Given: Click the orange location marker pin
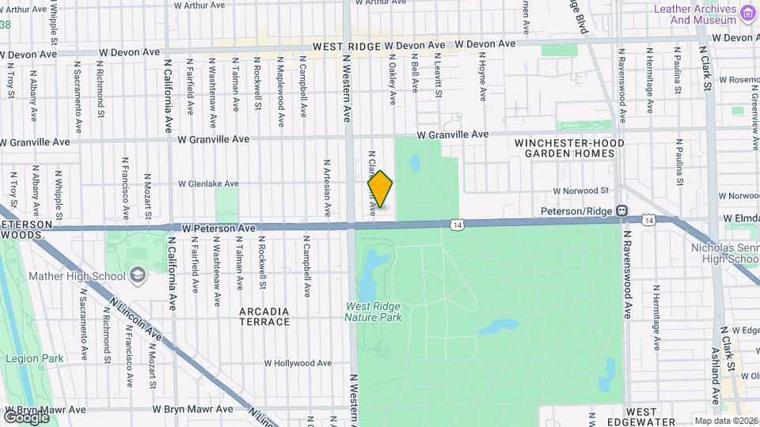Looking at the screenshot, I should [380, 190].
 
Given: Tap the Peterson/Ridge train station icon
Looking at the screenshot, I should [622, 211].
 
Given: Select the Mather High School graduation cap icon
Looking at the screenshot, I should [139, 276].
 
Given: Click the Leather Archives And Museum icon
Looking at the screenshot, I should [747, 13].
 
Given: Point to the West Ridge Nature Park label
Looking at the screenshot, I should [373, 312].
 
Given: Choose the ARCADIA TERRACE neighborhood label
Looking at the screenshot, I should [264, 316].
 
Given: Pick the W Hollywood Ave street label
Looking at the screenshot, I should [298, 363].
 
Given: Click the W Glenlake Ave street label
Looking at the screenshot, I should [208, 183].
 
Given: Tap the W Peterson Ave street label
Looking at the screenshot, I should [218, 228].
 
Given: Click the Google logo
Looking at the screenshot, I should [25, 417].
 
